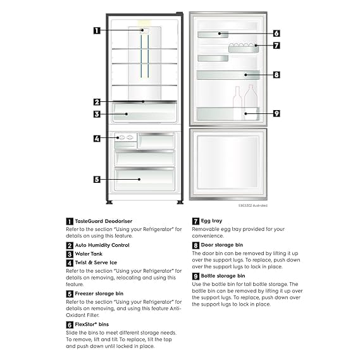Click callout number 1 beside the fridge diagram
(97, 30)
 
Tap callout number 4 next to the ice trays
(97, 139)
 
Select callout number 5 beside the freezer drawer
(97, 179)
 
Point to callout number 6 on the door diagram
(276, 34)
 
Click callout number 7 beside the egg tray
(276, 46)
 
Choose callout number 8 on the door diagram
(276, 75)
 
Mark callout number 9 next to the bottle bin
(276, 113)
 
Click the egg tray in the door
(244, 47)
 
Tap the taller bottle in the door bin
(251, 102)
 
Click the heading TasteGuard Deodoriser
(104, 221)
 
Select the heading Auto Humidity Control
(102, 245)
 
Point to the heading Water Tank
(89, 254)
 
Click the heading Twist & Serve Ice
(96, 263)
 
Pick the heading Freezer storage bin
(99, 294)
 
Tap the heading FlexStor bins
(92, 325)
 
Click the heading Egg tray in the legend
(211, 221)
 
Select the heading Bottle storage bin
(223, 276)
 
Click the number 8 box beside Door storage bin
(196, 245)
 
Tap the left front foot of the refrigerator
(109, 202)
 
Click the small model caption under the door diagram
(253, 206)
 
